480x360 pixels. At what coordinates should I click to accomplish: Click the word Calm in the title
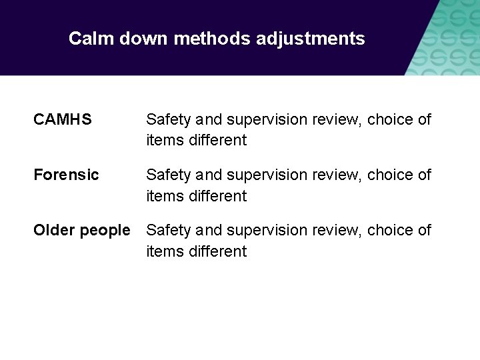coord(91,39)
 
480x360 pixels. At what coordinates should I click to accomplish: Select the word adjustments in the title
coord(310,39)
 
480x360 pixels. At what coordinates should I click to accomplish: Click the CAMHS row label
coord(63,120)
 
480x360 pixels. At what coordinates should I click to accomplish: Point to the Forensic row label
coord(66,175)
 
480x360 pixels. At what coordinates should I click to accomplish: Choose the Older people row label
coord(82,231)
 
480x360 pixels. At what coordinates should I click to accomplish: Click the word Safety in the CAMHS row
coord(168,120)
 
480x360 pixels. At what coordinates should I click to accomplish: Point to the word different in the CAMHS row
coord(217,141)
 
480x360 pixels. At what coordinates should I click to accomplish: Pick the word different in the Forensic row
coord(217,196)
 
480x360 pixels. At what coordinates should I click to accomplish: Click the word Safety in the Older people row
coord(168,231)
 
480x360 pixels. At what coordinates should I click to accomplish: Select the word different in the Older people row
coord(217,251)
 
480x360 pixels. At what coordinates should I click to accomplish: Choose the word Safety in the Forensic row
coord(168,175)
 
